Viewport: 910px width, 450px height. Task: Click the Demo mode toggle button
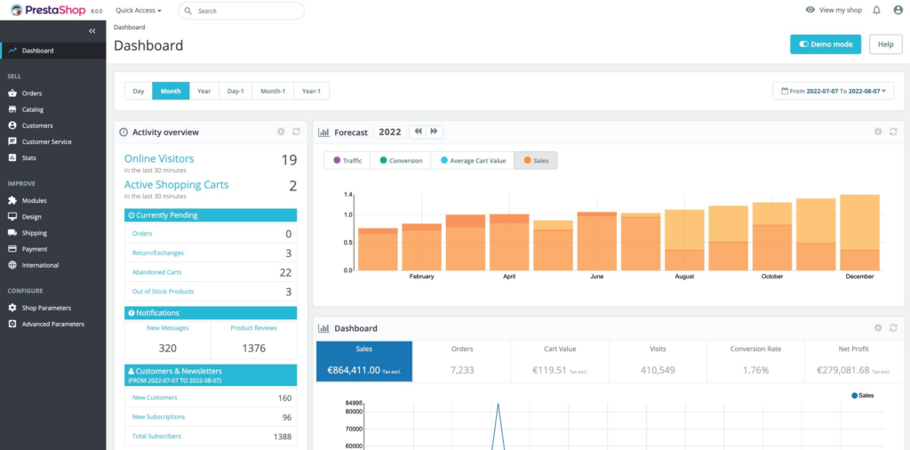click(x=826, y=44)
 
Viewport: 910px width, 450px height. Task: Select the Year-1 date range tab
click(x=311, y=91)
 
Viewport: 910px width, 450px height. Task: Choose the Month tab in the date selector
click(x=171, y=91)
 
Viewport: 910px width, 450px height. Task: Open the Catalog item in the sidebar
click(x=33, y=109)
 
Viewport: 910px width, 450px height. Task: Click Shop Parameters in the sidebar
click(x=46, y=308)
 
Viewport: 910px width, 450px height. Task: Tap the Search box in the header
click(x=241, y=11)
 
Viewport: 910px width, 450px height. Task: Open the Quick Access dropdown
click(x=139, y=11)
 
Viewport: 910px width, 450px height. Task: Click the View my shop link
click(x=834, y=10)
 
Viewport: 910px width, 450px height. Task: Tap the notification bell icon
click(x=876, y=10)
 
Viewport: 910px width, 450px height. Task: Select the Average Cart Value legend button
click(x=472, y=161)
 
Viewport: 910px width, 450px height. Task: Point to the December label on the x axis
click(x=859, y=277)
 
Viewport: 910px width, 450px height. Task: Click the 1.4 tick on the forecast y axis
click(x=348, y=194)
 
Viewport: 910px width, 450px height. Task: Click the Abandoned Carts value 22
click(x=285, y=272)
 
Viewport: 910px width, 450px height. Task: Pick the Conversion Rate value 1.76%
click(x=755, y=369)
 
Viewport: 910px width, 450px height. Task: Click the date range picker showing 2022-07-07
click(x=833, y=91)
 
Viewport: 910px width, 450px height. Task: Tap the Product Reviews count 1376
click(x=254, y=348)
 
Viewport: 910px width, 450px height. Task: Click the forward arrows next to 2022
click(x=435, y=132)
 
